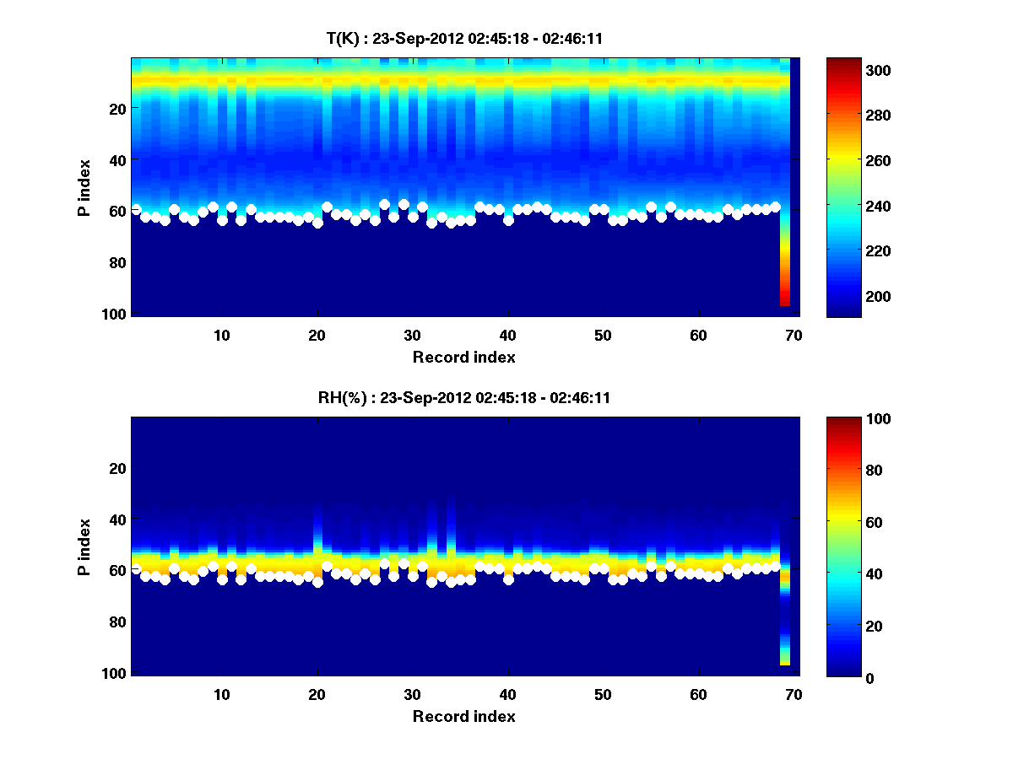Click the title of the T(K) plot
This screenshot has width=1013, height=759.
click(463, 38)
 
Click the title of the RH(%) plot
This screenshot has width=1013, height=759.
click(463, 398)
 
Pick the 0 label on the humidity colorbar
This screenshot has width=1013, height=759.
click(839, 677)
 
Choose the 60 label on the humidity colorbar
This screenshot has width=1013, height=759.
click(844, 523)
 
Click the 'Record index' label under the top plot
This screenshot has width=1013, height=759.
click(463, 357)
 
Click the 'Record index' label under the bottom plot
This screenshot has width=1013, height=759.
click(463, 716)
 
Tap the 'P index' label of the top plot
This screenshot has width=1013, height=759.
click(84, 187)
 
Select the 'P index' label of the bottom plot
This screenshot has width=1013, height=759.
click(84, 546)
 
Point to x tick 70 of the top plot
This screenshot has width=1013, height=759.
click(793, 334)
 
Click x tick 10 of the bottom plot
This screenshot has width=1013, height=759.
click(221, 694)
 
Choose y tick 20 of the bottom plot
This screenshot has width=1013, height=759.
click(117, 468)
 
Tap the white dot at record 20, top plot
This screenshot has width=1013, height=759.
click(317, 223)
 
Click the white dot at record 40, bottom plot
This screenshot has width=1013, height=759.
click(508, 579)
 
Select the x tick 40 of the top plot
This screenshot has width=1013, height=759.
click(507, 334)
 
